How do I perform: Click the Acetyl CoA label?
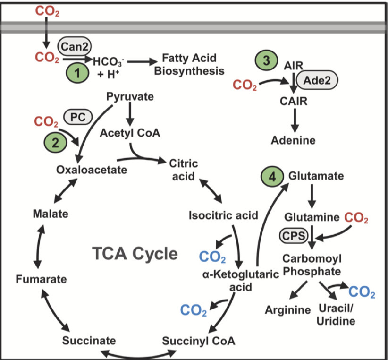click(130, 133)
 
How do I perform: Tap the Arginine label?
click(287, 310)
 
